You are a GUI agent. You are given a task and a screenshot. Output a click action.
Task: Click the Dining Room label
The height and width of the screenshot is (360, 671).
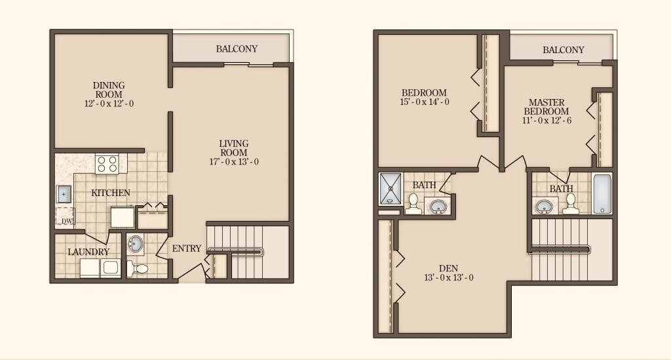tap(109, 90)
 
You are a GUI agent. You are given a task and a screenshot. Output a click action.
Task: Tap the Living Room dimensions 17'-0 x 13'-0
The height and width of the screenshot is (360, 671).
tap(233, 162)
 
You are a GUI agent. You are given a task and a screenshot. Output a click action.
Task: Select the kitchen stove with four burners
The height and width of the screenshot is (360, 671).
tap(107, 163)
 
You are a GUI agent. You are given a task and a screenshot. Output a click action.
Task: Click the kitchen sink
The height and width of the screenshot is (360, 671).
tap(64, 193)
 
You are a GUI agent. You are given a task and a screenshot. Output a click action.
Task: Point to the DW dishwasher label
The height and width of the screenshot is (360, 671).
tap(66, 221)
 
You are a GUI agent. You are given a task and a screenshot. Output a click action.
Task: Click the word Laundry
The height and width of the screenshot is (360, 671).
tap(88, 252)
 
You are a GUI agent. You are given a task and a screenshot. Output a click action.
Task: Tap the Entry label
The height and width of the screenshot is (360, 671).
tap(187, 249)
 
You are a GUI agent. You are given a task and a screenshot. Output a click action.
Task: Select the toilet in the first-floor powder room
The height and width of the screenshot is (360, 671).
tap(139, 268)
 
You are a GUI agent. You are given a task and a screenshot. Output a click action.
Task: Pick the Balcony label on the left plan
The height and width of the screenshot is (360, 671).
tap(237, 49)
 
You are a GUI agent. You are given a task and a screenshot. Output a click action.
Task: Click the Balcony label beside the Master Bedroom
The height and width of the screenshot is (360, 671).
tap(563, 50)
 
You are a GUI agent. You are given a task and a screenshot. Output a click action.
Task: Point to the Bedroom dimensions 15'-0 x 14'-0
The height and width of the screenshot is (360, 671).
tap(424, 102)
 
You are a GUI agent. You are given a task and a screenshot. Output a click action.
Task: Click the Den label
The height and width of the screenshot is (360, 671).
tap(448, 268)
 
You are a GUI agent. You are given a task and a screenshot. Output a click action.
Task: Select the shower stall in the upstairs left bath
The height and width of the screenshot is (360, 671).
tap(391, 189)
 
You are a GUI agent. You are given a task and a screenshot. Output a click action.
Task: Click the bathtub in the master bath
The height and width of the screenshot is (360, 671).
tap(602, 193)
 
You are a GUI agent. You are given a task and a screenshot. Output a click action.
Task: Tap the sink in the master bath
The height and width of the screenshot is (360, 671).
tap(544, 207)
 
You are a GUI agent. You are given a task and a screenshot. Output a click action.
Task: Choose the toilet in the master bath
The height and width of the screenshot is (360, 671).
tap(569, 203)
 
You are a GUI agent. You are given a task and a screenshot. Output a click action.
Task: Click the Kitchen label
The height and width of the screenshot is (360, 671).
tap(110, 193)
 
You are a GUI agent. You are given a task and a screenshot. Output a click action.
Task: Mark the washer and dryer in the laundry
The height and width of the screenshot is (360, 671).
tap(100, 268)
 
